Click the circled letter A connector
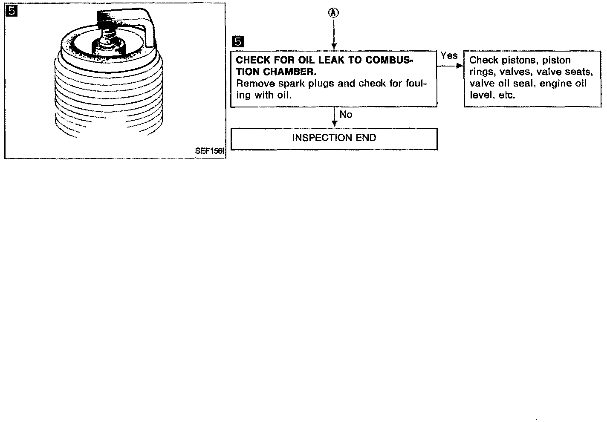334,13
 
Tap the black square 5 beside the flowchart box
238,41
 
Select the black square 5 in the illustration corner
12,11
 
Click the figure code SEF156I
210,151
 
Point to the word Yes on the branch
449,55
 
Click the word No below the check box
346,115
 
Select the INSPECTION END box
334,139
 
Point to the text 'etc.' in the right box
507,95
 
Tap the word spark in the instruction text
291,84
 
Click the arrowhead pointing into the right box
460,66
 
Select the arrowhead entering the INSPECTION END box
334,124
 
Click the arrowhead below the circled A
334,46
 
